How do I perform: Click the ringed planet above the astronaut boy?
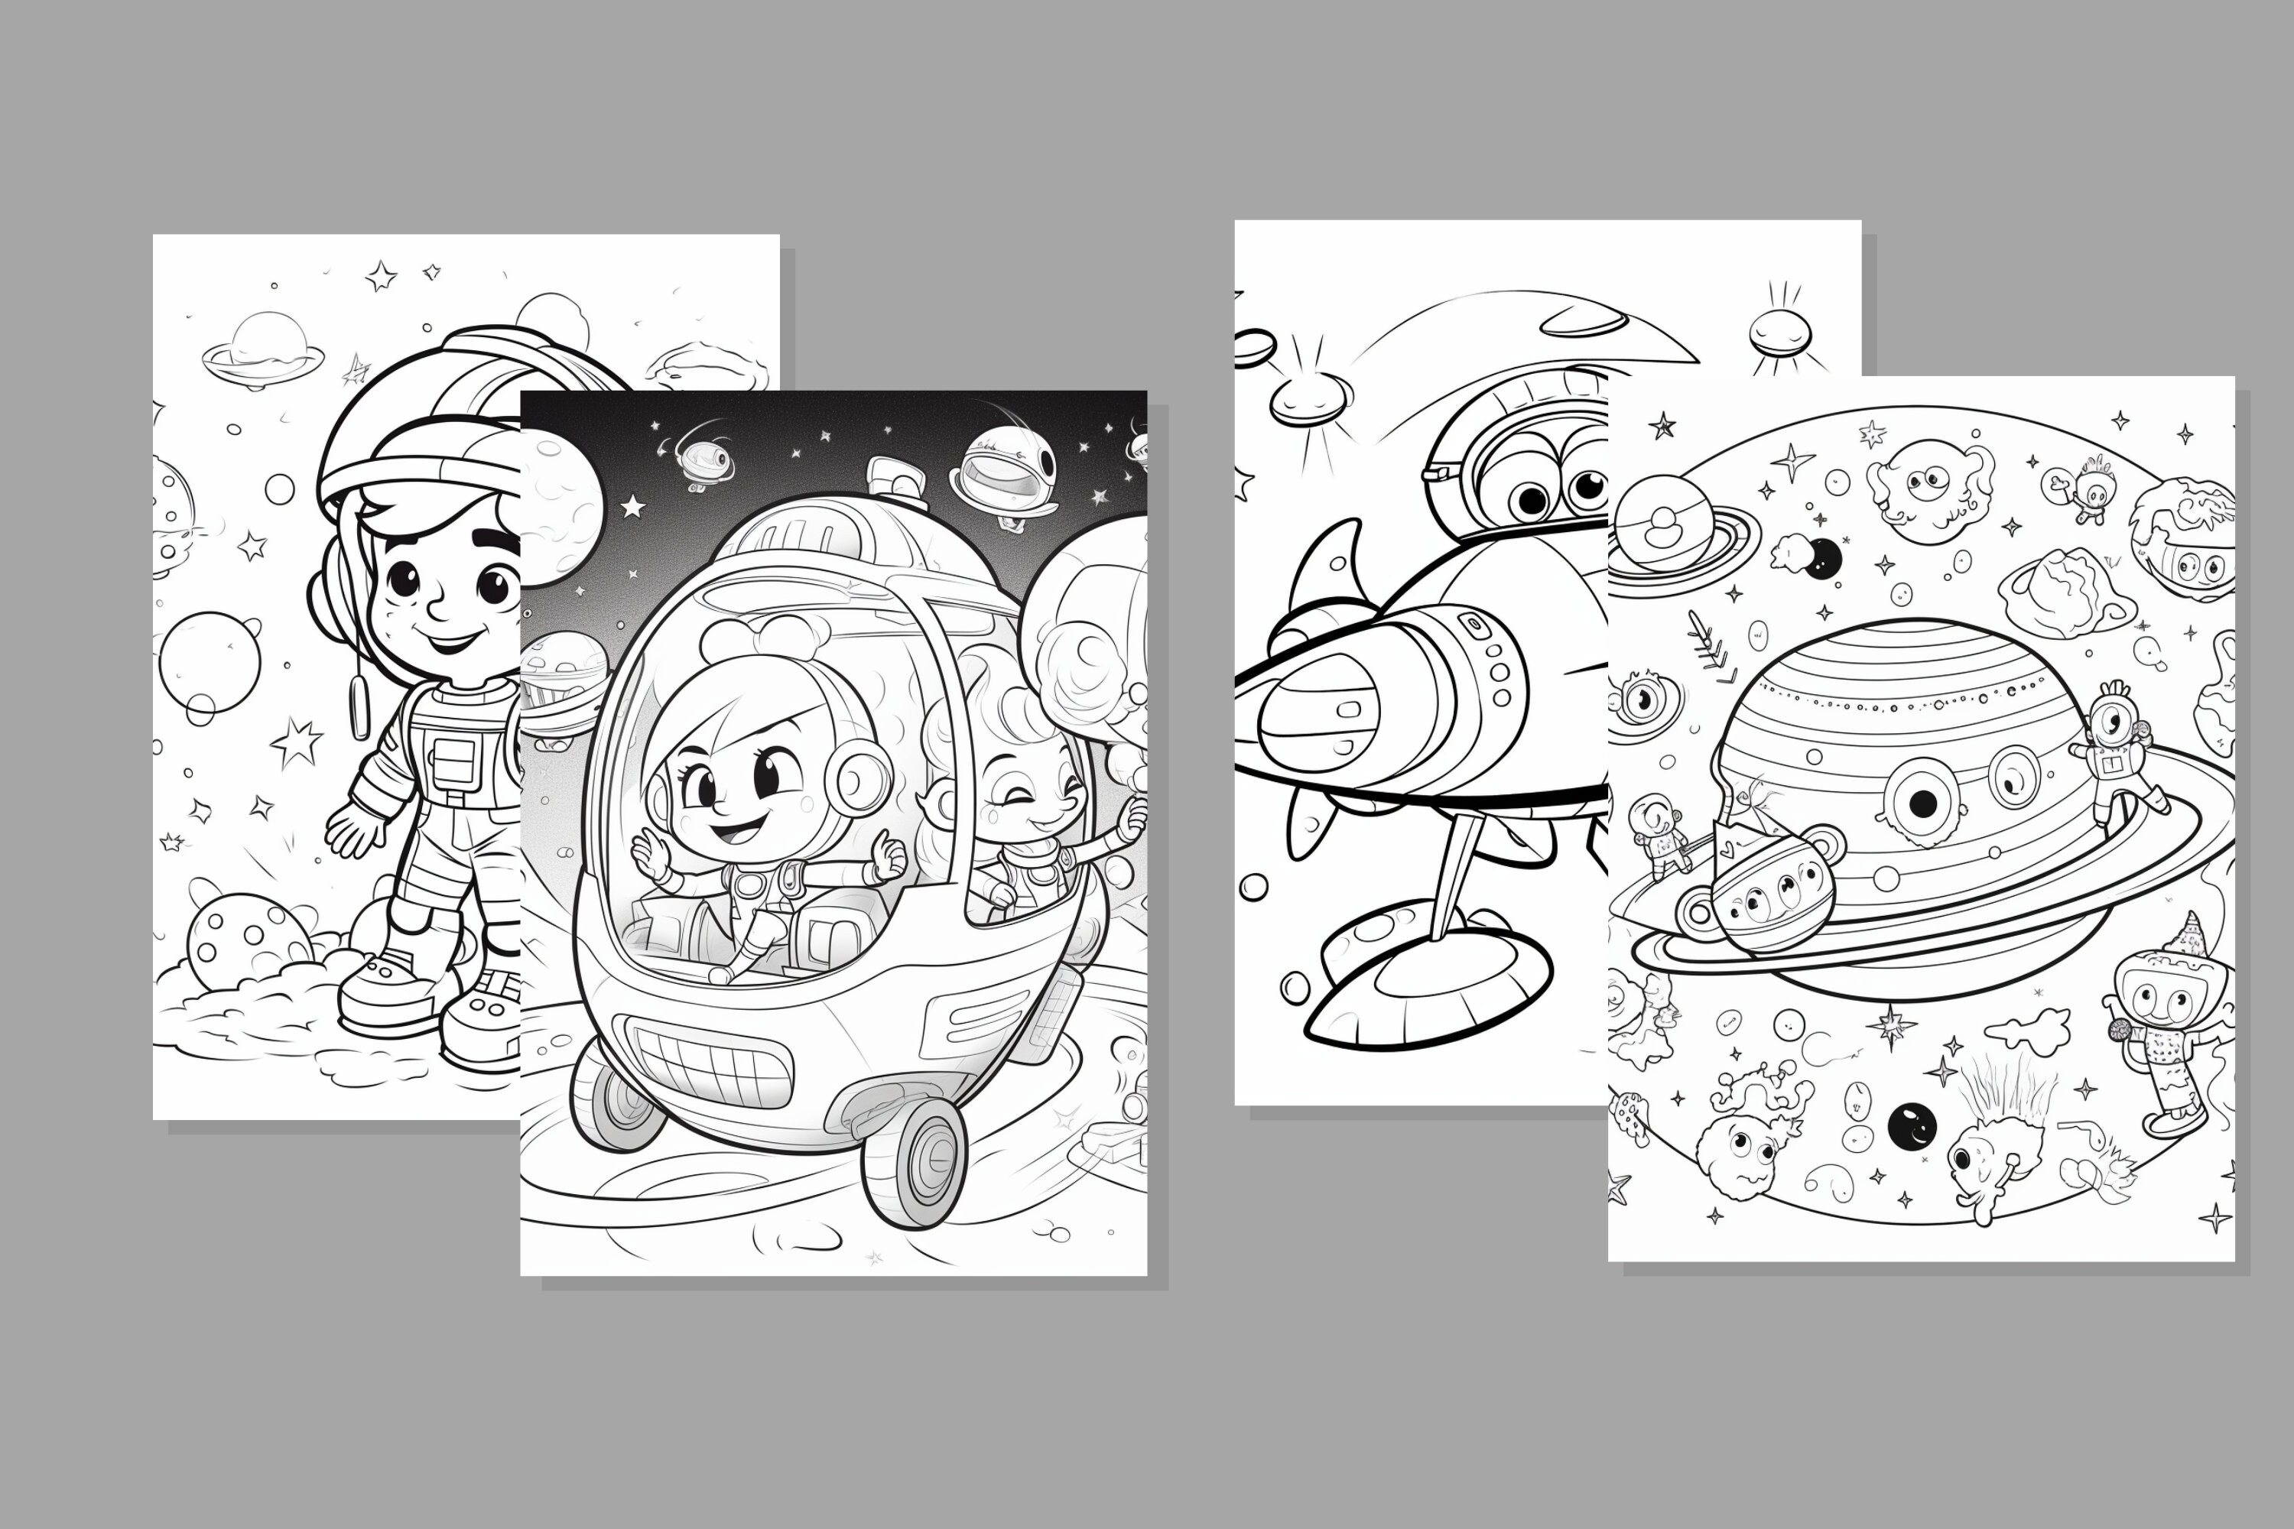coord(263,347)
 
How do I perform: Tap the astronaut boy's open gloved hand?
coord(354,829)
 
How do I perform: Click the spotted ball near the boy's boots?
coord(250,941)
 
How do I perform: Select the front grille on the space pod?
coord(709,1061)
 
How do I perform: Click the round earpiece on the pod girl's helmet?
coord(857,777)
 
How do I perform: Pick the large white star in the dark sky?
coord(633,506)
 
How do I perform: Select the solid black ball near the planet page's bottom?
coord(1912,1126)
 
